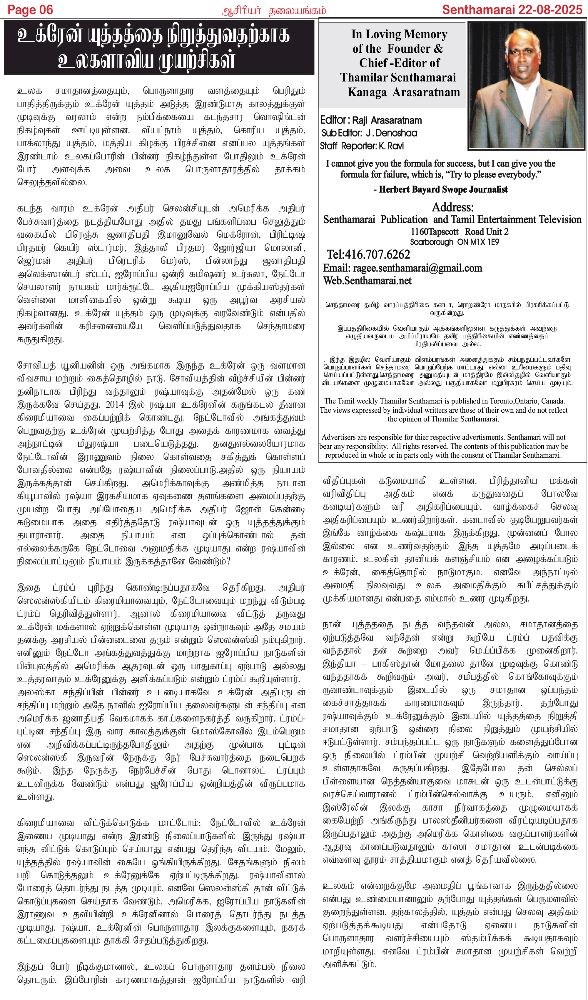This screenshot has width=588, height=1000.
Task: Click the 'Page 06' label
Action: tap(30, 10)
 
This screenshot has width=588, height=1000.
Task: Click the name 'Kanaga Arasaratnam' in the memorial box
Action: tap(403, 92)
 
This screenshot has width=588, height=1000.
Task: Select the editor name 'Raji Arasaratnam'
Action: tap(387, 120)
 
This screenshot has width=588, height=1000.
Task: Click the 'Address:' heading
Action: tap(452, 207)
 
